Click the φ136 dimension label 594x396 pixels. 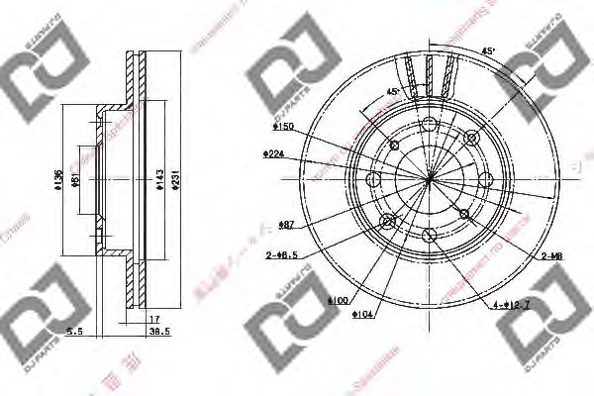pyautogui.click(x=59, y=179)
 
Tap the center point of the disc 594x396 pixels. pyautogui.click(x=430, y=179)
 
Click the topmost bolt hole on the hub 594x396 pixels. pyautogui.click(x=429, y=124)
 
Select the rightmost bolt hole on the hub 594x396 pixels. pyautogui.click(x=485, y=179)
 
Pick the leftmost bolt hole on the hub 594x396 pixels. pyautogui.click(x=373, y=179)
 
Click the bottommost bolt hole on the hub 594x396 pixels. pyautogui.click(x=429, y=235)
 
